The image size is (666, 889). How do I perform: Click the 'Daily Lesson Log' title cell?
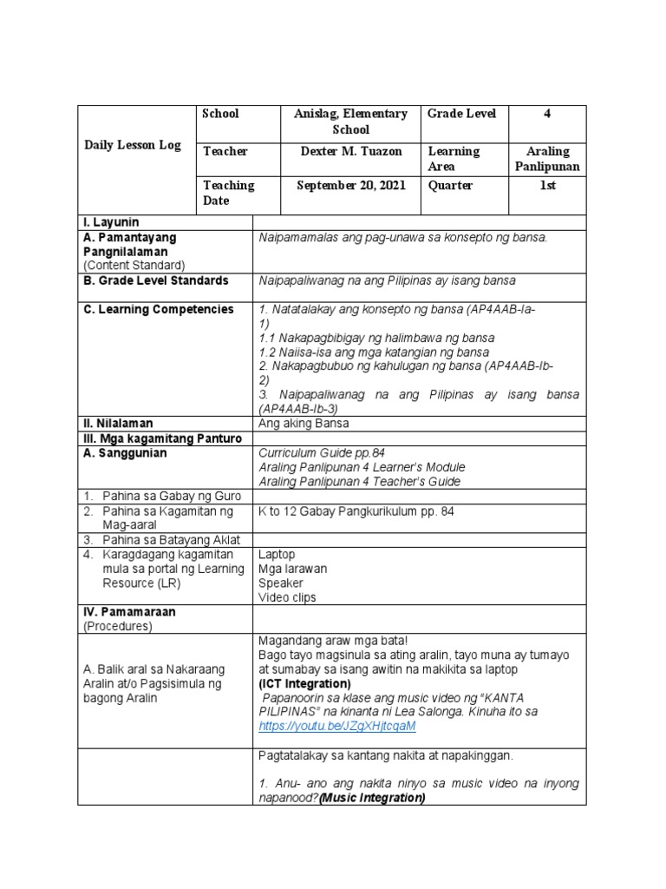tap(133, 145)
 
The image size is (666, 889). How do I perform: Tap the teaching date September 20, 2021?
tap(351, 185)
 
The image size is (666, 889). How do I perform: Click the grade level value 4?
tap(546, 114)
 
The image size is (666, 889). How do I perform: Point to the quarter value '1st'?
tap(547, 185)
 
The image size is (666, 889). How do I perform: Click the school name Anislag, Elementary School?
tap(350, 122)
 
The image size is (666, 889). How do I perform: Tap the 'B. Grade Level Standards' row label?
tap(155, 280)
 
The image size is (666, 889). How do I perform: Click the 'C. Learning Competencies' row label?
tap(159, 309)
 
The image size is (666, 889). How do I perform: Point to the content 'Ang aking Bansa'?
tap(304, 424)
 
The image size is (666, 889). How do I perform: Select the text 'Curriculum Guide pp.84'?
tap(320, 453)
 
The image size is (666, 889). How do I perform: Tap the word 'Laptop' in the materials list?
tap(277, 553)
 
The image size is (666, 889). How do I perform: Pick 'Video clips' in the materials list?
tap(287, 597)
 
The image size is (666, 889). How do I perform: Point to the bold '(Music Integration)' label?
tap(371, 797)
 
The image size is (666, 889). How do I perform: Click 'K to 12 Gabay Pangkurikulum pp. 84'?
tap(356, 511)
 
